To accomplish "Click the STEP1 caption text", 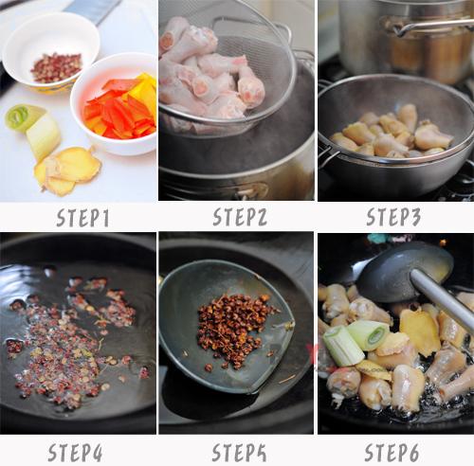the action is coord(82,218).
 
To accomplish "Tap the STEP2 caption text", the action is coord(240,217).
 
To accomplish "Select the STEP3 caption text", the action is coord(393,217).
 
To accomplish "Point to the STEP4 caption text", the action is coord(75,452).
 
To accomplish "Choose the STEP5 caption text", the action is coord(239,452).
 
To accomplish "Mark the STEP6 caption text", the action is coord(392,452).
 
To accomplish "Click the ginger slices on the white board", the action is coord(67,170).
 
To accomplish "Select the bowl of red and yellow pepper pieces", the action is coord(115,104).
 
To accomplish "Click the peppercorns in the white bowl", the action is coord(56,67).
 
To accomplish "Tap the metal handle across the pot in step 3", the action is coord(433,26).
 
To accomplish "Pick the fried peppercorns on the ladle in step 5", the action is coord(234,330).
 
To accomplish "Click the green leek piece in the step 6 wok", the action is coord(355,342).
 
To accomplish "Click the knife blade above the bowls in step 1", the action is coord(92,10).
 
